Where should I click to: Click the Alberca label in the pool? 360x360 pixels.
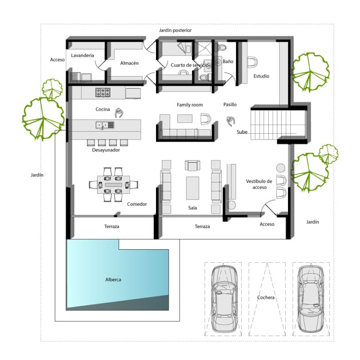pyautogui.click(x=113, y=279)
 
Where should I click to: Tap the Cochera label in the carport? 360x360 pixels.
pyautogui.click(x=266, y=297)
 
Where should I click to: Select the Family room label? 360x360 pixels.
pyautogui.click(x=190, y=105)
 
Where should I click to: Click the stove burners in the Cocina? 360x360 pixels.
pyautogui.click(x=103, y=92)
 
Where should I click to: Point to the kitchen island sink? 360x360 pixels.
pyautogui.click(x=105, y=125)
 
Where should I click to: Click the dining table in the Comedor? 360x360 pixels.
pyautogui.click(x=113, y=185)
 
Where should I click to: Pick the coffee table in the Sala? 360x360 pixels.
pyautogui.click(x=193, y=188)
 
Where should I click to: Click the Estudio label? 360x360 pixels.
pyautogui.click(x=261, y=76)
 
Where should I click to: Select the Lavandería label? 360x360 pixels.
pyautogui.click(x=82, y=55)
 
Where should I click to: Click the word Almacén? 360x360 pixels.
pyautogui.click(x=129, y=63)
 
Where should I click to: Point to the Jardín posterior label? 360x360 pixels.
pyautogui.click(x=175, y=30)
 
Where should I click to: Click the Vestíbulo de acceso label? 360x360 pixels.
pyautogui.click(x=259, y=184)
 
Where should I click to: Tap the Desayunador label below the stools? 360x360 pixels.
pyautogui.click(x=106, y=150)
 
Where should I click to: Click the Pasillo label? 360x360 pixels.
pyautogui.click(x=230, y=105)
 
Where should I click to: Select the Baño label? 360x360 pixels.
pyautogui.click(x=228, y=61)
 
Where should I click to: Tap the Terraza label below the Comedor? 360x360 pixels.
pyautogui.click(x=111, y=226)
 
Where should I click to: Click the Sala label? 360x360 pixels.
pyautogui.click(x=193, y=208)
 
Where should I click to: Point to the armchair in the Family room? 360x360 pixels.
pyautogui.click(x=206, y=119)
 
